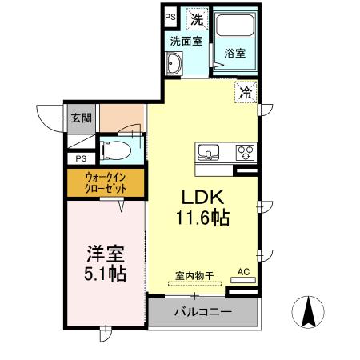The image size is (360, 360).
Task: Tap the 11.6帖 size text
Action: click(x=204, y=217)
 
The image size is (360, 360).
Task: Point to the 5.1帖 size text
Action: click(x=106, y=274)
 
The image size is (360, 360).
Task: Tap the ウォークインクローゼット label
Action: click(x=106, y=183)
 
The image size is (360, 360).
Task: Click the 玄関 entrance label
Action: click(x=81, y=118)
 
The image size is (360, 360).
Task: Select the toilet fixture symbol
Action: click(x=119, y=150)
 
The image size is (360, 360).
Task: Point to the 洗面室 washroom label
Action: click(x=183, y=41)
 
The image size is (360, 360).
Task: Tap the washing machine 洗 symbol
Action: click(x=197, y=18)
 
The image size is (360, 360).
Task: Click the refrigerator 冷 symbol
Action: click(x=246, y=92)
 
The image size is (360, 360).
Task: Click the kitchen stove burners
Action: click(x=243, y=151)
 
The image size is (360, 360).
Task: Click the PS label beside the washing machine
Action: click(x=170, y=16)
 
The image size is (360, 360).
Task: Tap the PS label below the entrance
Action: click(x=81, y=158)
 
